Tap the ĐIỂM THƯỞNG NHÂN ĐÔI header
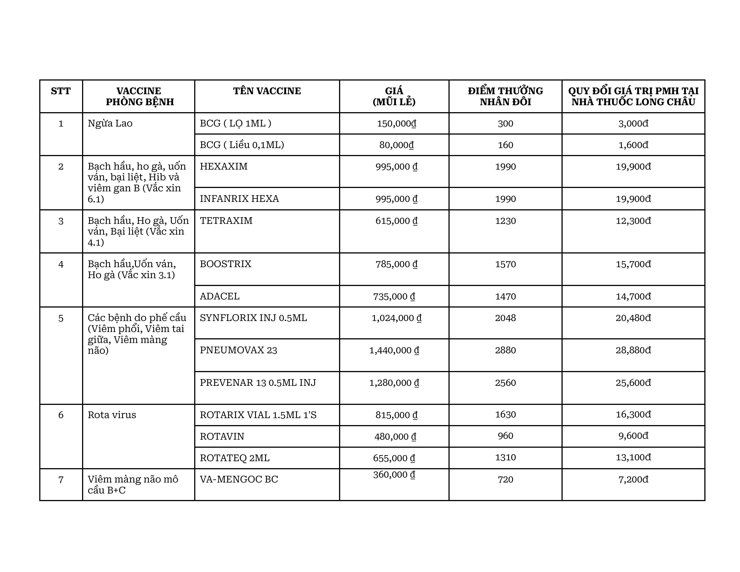pos(505,96)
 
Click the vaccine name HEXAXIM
pos(224,166)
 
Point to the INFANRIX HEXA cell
pos(239,199)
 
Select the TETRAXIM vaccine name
pos(226,221)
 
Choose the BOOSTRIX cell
pos(226,264)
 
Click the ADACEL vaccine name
pos(220,296)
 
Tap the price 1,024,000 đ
pos(396,318)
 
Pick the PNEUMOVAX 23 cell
pos(238,350)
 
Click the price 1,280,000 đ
pos(394,383)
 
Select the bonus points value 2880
pos(505,350)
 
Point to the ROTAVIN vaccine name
pos(222,436)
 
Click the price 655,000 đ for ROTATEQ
pos(394,458)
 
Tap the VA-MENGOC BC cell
pos(239,479)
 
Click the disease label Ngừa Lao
pos(110,123)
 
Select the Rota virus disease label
pos(112,415)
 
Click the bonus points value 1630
pos(505,415)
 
